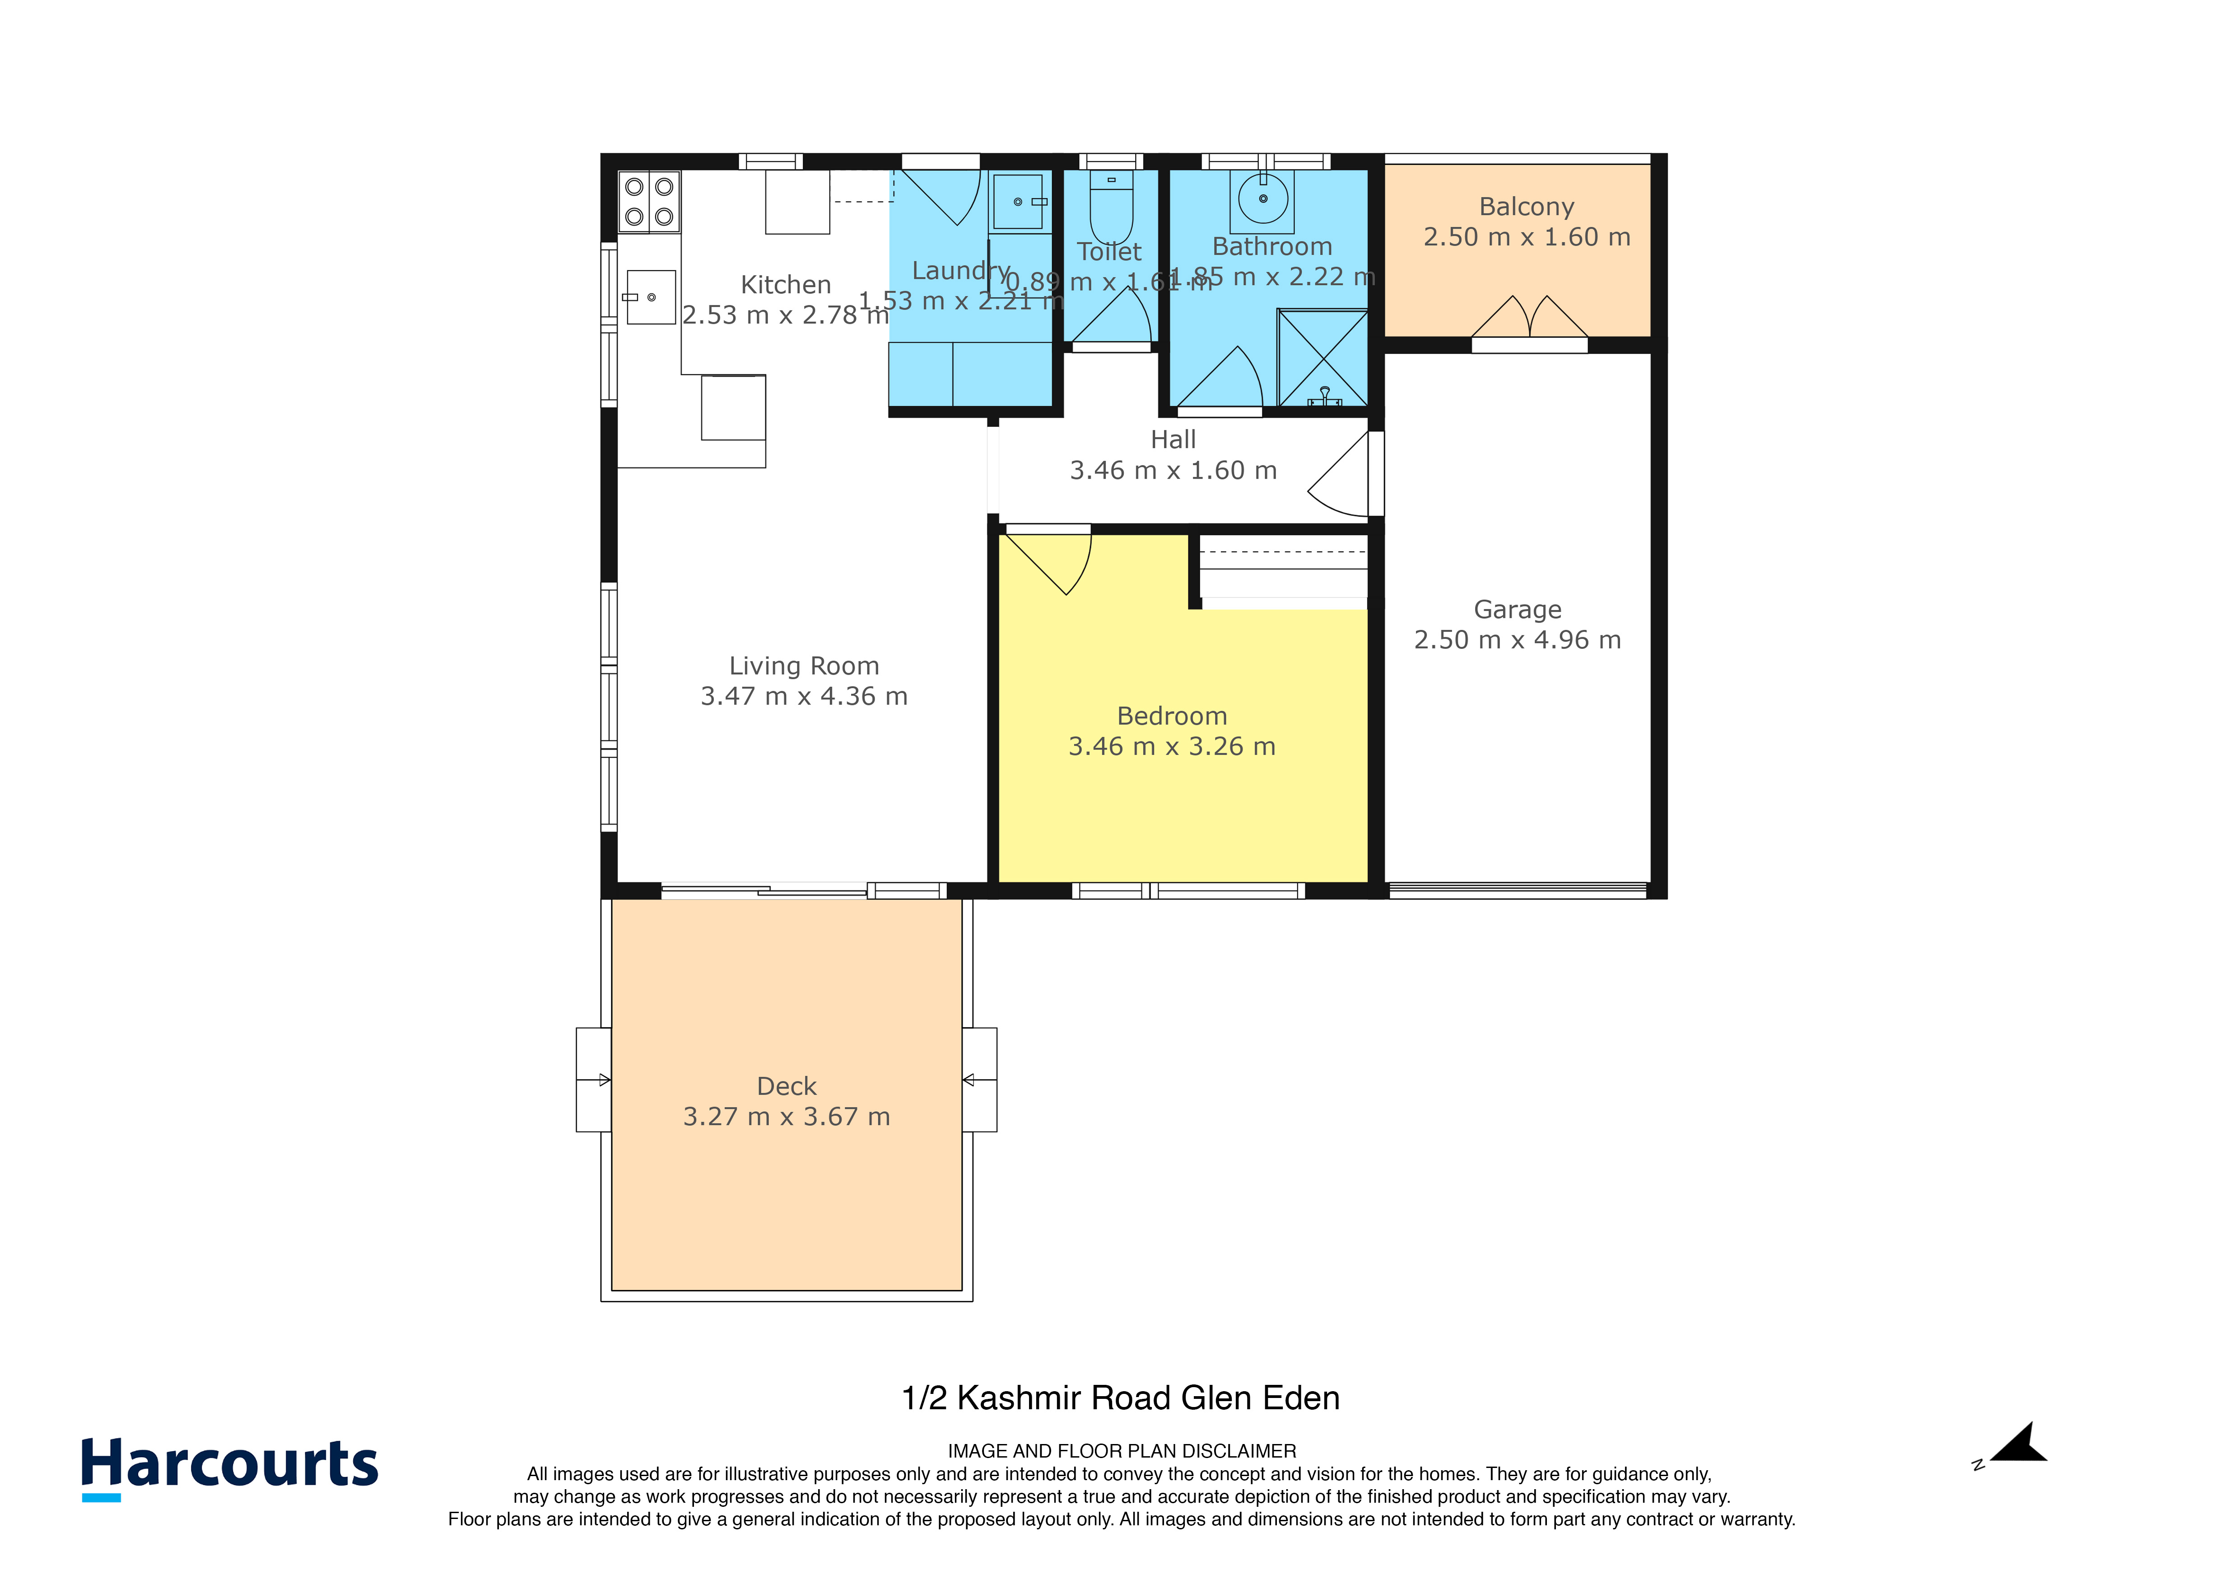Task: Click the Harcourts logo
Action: tap(229, 1466)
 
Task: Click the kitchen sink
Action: tap(651, 297)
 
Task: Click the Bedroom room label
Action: tap(1172, 716)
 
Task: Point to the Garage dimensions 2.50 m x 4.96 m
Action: tap(1517, 640)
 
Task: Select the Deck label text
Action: tap(787, 1086)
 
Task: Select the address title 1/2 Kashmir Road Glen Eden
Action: tap(1120, 1398)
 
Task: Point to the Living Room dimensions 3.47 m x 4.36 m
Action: tap(804, 696)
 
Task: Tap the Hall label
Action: tap(1173, 440)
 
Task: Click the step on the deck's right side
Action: tap(979, 1079)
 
